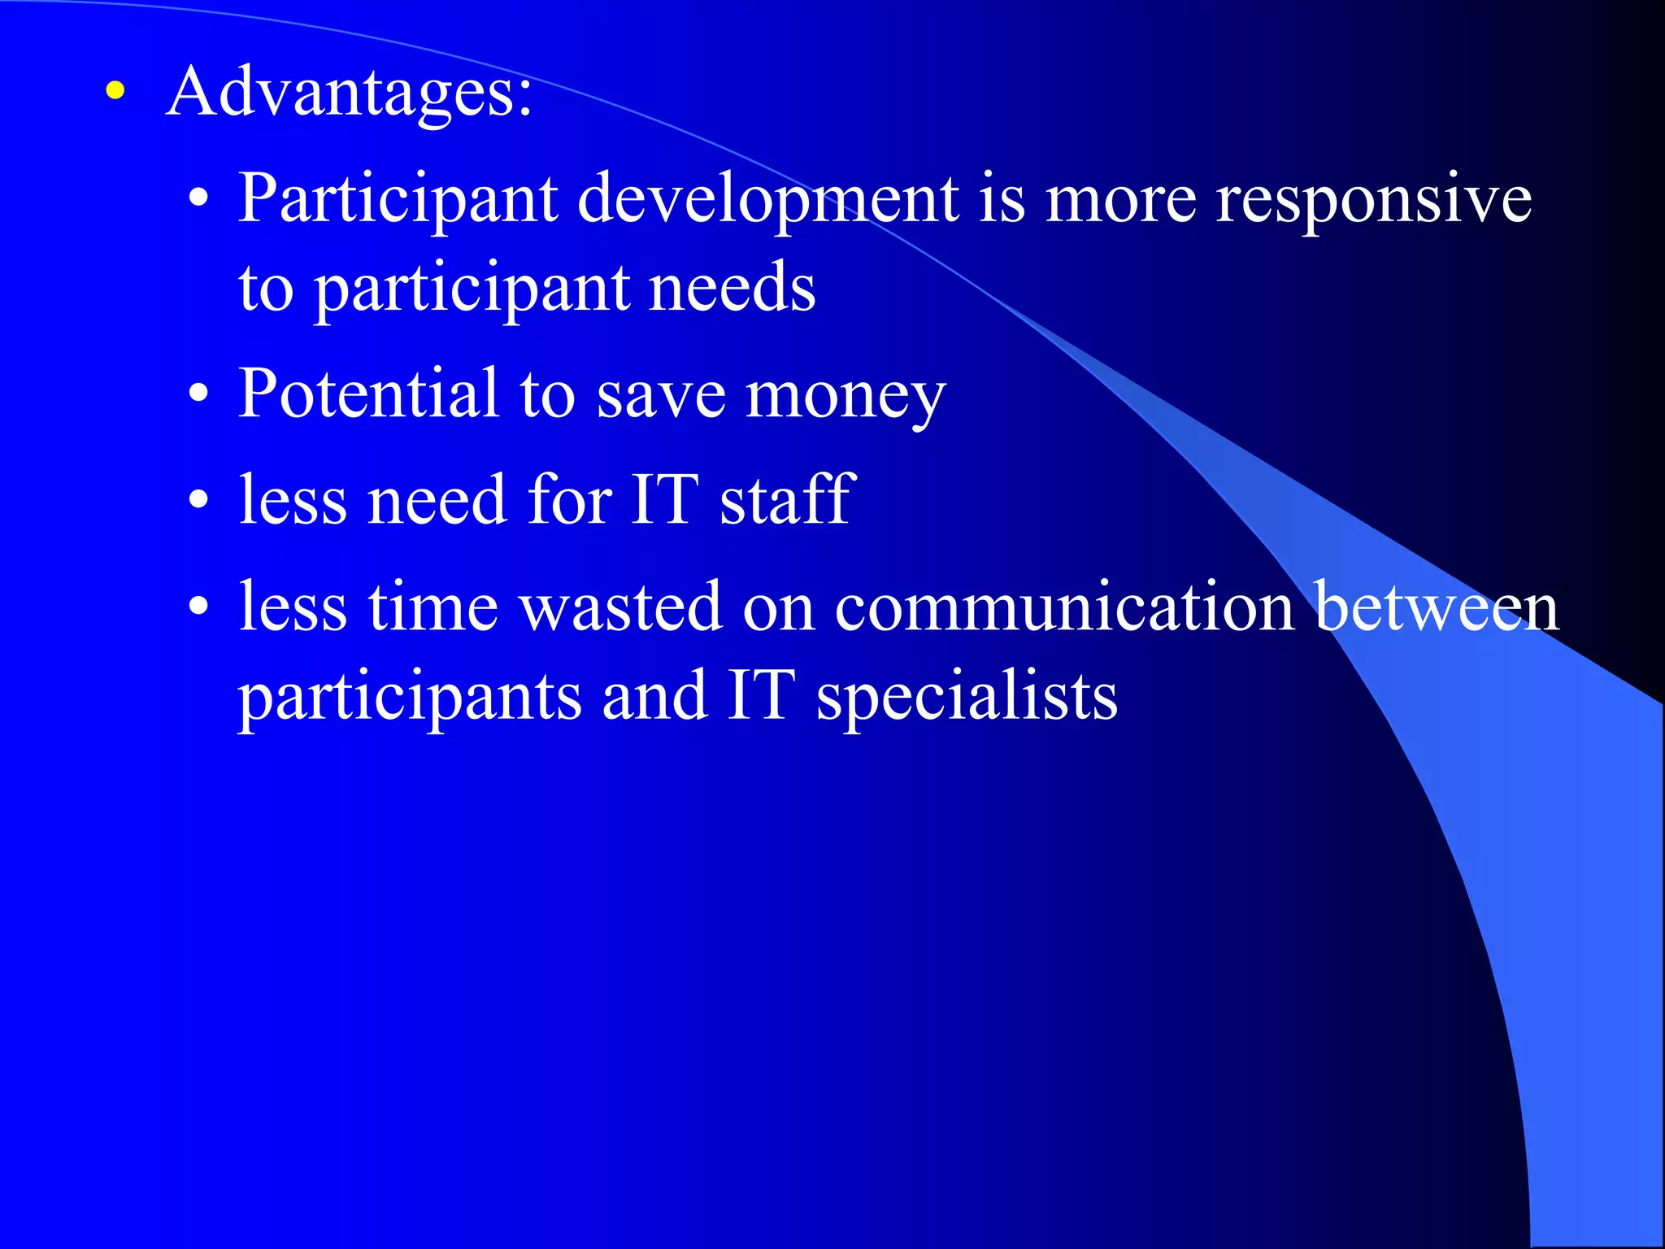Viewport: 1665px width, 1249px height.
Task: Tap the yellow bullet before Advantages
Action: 115,91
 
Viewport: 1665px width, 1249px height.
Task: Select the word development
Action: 767,199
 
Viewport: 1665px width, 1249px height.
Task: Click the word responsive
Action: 1373,199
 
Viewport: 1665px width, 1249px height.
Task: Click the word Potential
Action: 367,394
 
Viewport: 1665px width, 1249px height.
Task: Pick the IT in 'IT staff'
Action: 664,499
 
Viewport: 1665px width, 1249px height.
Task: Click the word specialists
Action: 967,697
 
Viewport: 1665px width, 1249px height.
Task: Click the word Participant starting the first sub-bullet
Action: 398,199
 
